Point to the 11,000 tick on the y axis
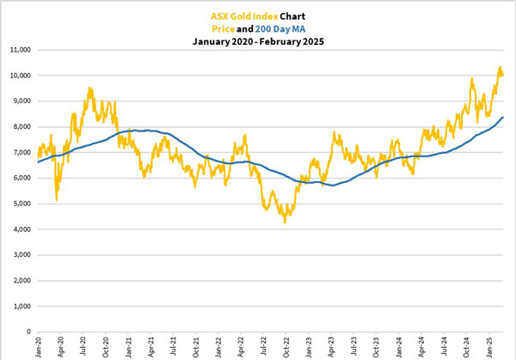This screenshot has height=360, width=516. [18, 50]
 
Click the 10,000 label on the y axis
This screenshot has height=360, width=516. [18, 76]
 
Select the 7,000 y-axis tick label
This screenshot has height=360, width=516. [20, 152]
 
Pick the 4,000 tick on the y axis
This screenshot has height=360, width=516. [20, 229]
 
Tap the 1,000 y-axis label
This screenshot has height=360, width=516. [20, 306]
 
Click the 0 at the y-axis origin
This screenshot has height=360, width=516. [28, 332]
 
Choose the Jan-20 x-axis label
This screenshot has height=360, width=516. [40, 347]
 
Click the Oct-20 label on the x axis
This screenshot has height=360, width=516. [106, 347]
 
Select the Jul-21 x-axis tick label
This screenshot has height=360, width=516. [173, 347]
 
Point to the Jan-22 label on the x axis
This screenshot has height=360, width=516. [218, 347]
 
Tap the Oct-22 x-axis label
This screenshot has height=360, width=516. [286, 347]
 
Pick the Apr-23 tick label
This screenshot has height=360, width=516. [330, 347]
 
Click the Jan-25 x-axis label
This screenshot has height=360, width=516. [488, 347]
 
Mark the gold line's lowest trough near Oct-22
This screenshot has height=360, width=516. [285, 223]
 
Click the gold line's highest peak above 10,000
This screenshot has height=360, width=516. [499, 67]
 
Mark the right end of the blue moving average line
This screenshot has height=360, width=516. [503, 117]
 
